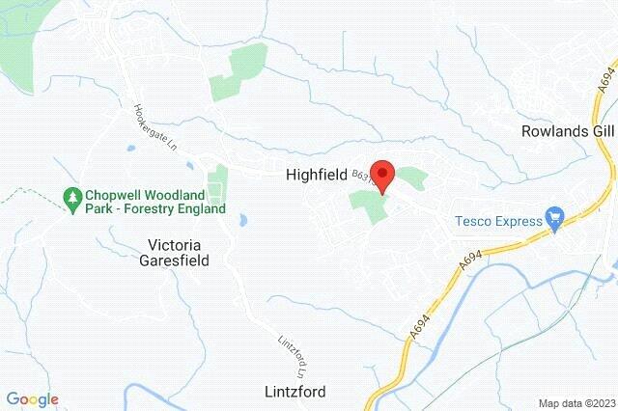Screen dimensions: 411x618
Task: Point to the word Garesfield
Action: [x=177, y=233]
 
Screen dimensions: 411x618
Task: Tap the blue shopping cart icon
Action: [x=555, y=193]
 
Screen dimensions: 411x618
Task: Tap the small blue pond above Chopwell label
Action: [x=128, y=149]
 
